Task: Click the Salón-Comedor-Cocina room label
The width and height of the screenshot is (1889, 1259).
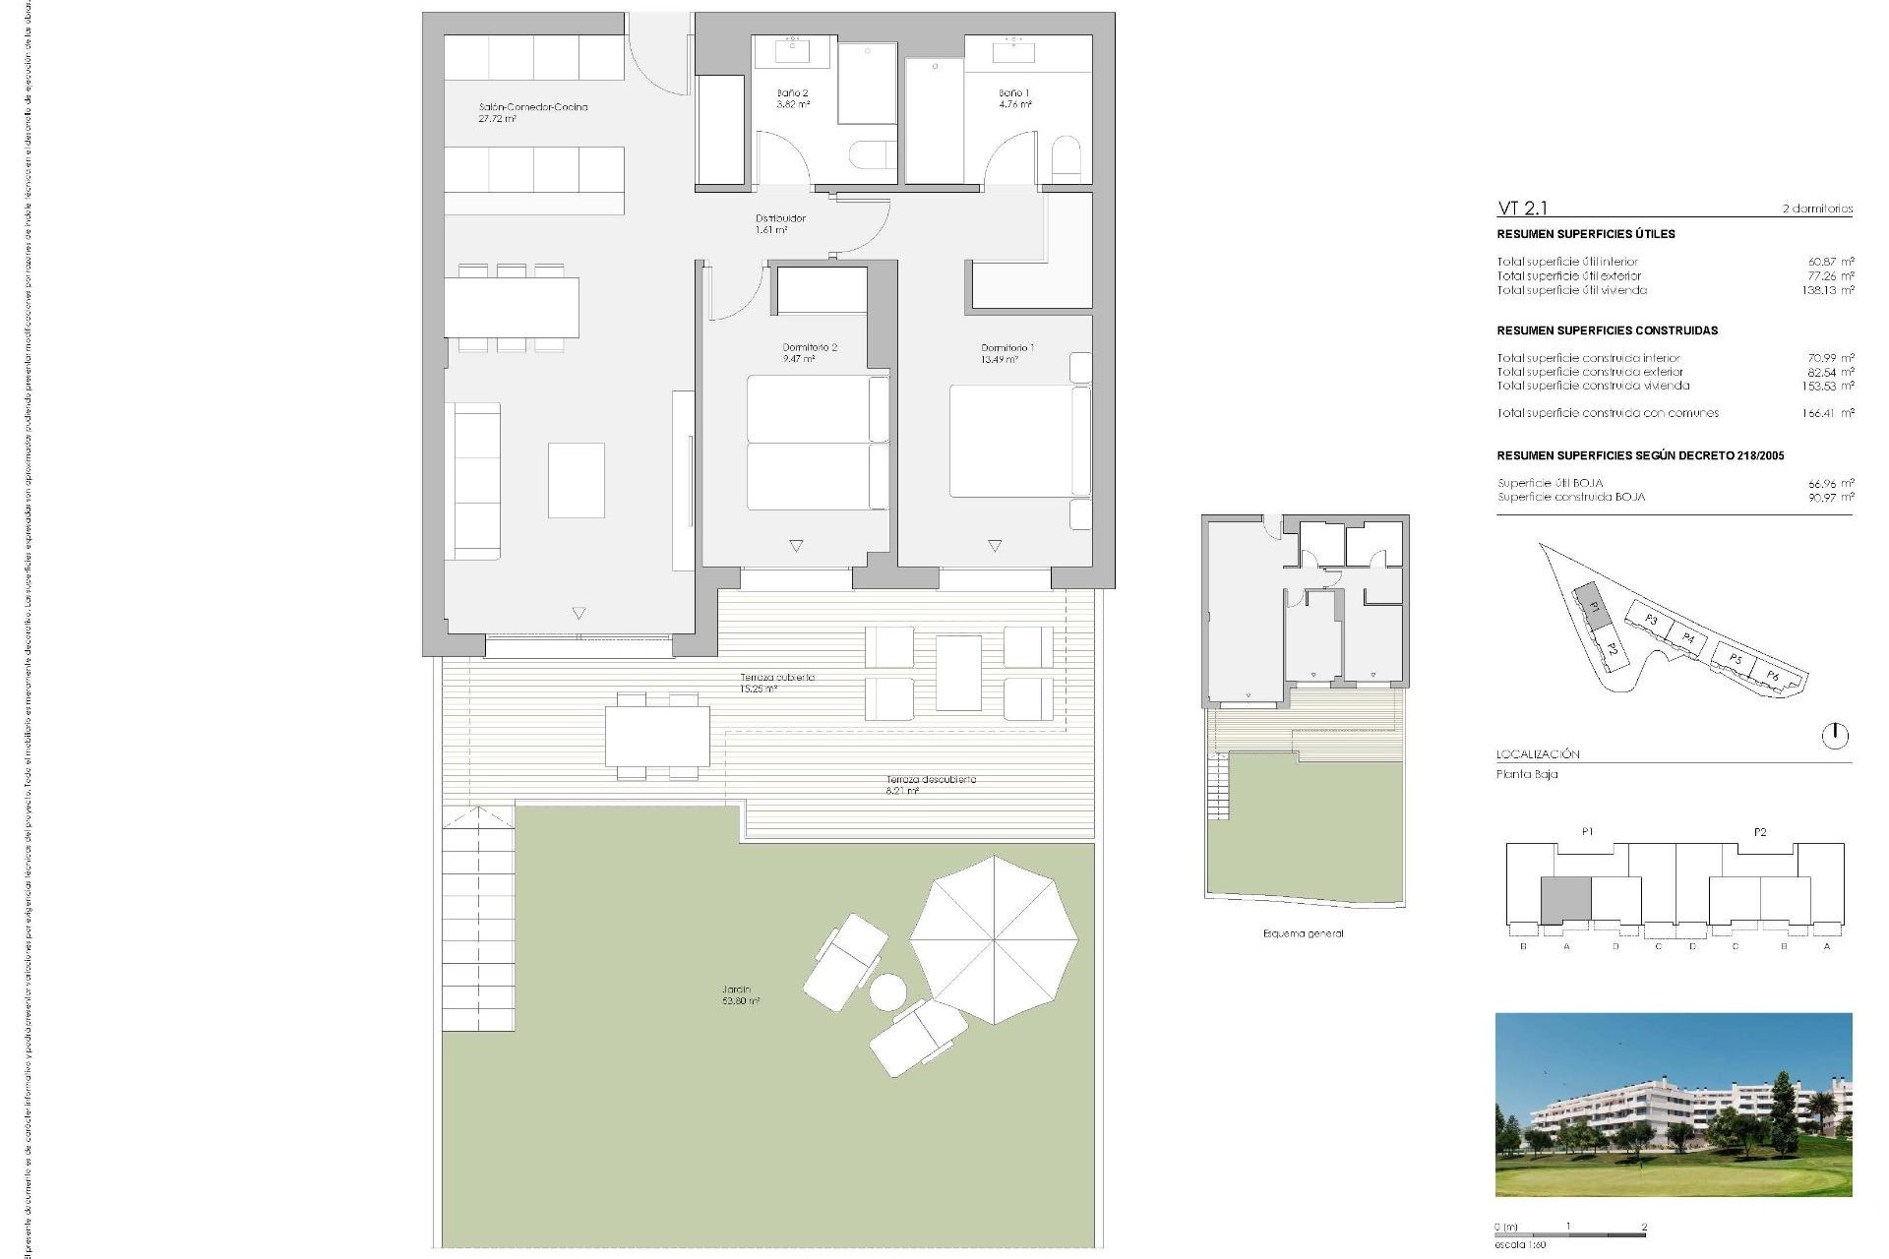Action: (532, 112)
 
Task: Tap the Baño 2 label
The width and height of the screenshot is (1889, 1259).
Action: (792, 98)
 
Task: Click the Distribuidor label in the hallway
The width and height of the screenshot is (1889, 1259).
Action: (780, 223)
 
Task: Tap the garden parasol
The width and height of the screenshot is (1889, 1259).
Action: (993, 939)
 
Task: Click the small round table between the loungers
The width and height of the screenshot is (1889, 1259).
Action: (887, 991)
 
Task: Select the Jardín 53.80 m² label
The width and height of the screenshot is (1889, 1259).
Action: (740, 994)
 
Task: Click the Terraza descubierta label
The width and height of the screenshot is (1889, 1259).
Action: (930, 784)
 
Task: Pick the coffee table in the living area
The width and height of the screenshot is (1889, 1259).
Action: (576, 480)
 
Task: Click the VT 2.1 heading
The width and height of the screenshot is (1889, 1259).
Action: (1522, 208)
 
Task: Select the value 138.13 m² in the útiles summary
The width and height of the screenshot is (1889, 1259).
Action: (1828, 290)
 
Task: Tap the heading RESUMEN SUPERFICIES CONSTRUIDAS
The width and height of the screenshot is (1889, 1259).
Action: (1607, 330)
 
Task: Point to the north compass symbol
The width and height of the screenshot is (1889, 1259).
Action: (1834, 735)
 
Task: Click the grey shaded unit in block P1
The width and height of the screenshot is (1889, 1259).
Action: (1564, 900)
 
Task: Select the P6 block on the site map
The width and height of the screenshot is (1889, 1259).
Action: (1772, 675)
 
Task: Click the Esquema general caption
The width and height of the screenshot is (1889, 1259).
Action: (1303, 933)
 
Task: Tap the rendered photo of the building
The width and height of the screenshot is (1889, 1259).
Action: (1673, 1104)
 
